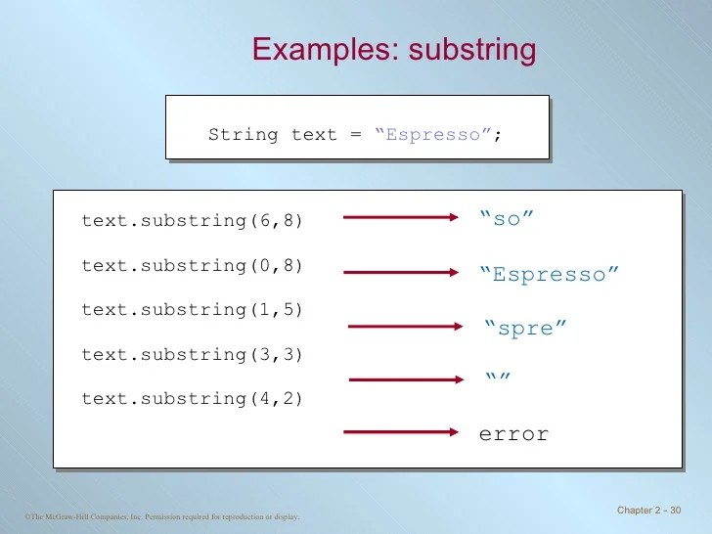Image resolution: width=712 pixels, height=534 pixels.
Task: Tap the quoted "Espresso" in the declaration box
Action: [432, 135]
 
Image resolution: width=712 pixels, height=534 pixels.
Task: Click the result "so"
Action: [507, 219]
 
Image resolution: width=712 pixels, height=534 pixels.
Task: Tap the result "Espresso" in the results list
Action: [550, 275]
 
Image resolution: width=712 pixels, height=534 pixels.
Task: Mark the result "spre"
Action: [525, 329]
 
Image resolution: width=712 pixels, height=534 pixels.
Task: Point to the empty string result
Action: [499, 378]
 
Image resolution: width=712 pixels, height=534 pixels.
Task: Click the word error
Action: [513, 433]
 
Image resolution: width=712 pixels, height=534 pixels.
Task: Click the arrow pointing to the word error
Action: [401, 431]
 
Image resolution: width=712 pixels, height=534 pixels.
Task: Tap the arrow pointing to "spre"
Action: [403, 326]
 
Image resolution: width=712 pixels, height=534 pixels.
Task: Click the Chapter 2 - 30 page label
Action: [649, 512]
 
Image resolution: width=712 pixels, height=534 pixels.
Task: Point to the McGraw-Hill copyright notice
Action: [162, 516]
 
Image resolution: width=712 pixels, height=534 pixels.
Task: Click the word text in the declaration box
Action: [314, 135]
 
